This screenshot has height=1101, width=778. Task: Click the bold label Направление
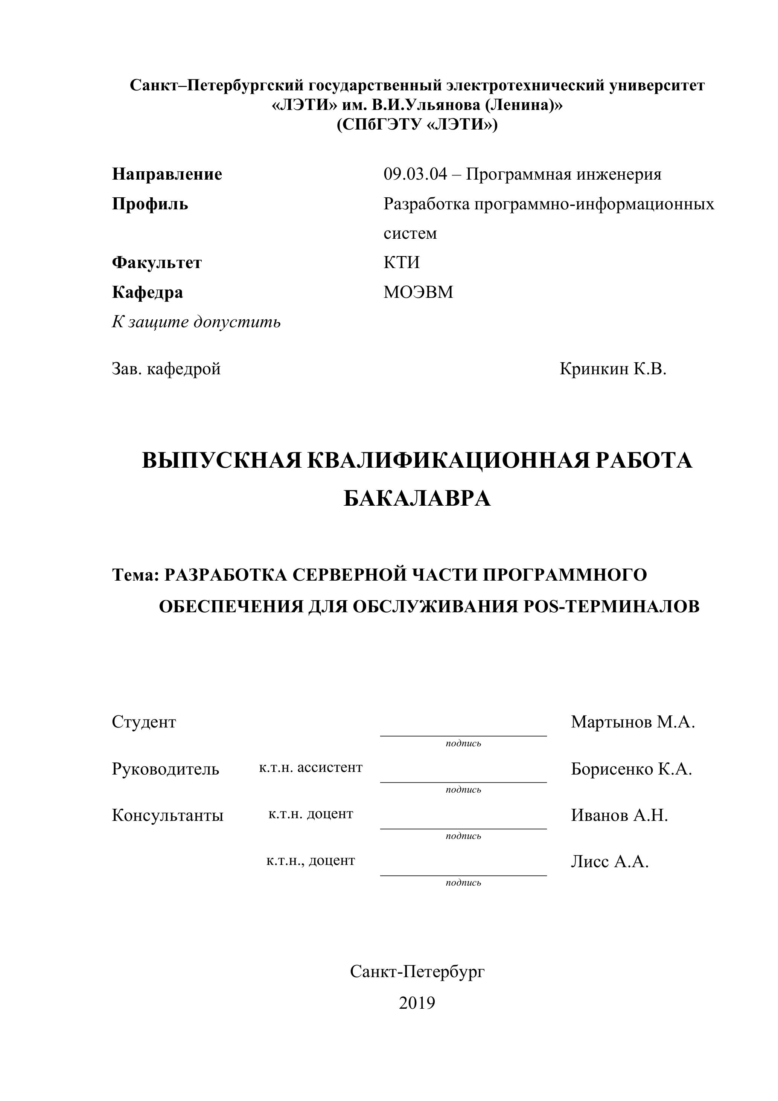167,174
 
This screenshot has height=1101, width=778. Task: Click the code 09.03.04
415,174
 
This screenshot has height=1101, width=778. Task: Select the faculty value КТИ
401,262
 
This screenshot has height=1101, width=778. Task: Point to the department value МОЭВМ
418,292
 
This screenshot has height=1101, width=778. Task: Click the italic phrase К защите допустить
196,322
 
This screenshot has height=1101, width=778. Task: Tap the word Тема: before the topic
135,575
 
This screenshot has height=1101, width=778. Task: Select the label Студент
144,722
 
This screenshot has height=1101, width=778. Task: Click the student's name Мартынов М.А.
632,722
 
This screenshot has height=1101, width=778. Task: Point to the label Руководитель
165,769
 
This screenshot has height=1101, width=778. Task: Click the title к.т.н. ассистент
311,768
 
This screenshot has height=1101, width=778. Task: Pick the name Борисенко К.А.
631,769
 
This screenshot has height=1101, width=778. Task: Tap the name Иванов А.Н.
619,815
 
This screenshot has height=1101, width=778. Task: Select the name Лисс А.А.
610,862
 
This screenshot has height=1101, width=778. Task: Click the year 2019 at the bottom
417,1003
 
